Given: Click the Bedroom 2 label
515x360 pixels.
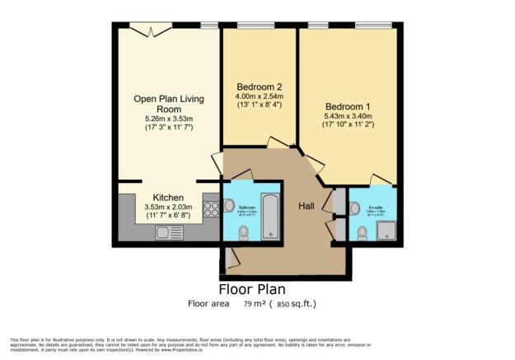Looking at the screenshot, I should pyautogui.click(x=260, y=86).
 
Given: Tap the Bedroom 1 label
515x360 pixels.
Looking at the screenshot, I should pyautogui.click(x=348, y=106).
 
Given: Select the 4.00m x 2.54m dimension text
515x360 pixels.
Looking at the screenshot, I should pyautogui.click(x=260, y=96).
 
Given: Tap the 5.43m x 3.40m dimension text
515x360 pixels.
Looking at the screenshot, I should pyautogui.click(x=348, y=117).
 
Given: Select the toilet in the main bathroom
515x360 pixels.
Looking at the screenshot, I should pyautogui.click(x=242, y=235).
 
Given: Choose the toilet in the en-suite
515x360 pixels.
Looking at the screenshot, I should pyautogui.click(x=363, y=233).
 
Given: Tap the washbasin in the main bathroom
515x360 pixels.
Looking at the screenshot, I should pyautogui.click(x=229, y=206).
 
